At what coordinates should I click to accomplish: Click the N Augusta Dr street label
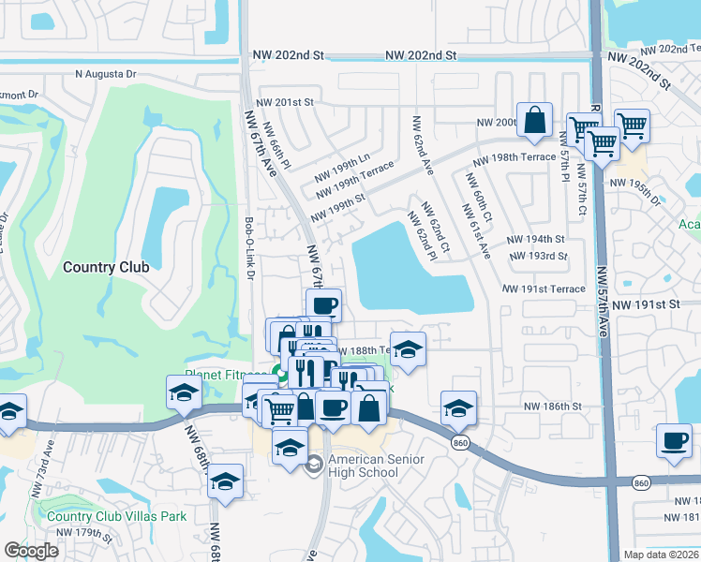(106, 73)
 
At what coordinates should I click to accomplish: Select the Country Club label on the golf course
(106, 267)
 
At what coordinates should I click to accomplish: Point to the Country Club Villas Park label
(116, 516)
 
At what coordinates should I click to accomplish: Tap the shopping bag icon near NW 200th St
(533, 121)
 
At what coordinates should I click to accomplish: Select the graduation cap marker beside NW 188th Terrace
(407, 350)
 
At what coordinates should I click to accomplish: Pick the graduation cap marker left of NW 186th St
(458, 408)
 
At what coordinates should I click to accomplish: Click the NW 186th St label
(553, 407)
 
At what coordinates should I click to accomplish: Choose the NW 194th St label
(537, 240)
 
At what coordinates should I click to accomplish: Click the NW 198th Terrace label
(514, 158)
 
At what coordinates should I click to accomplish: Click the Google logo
(31, 551)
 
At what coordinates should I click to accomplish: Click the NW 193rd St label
(538, 256)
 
